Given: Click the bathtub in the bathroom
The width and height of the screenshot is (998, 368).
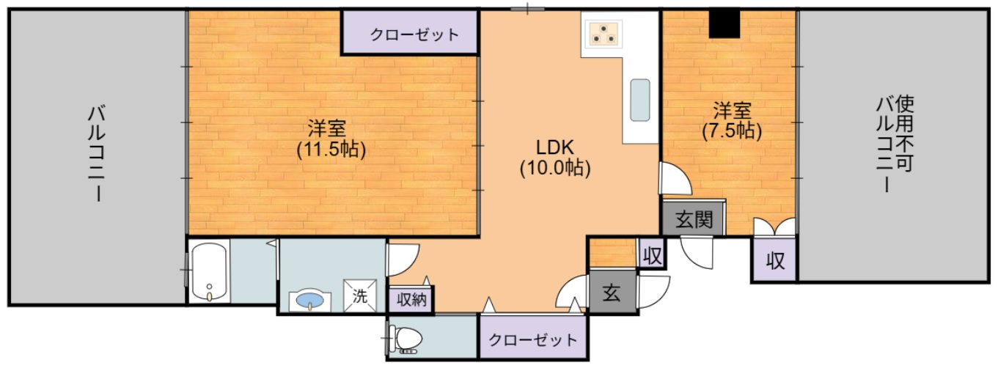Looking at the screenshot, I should tap(210, 271).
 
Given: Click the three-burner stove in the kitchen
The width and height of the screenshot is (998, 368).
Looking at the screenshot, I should tap(604, 32).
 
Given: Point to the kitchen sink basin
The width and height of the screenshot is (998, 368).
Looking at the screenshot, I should tap(640, 99).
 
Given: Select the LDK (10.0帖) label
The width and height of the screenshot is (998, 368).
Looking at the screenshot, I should tap(555, 156).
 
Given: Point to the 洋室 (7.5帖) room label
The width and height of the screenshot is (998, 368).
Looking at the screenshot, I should tap(730, 121).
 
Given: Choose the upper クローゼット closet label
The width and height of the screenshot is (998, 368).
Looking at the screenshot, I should tap(414, 34).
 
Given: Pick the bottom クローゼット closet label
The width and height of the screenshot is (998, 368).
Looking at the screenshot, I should tap(532, 340).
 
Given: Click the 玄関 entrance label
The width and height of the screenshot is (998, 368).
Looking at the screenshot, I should tap(694, 219).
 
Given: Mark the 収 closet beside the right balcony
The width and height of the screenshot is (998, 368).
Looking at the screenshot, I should tap(774, 261).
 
